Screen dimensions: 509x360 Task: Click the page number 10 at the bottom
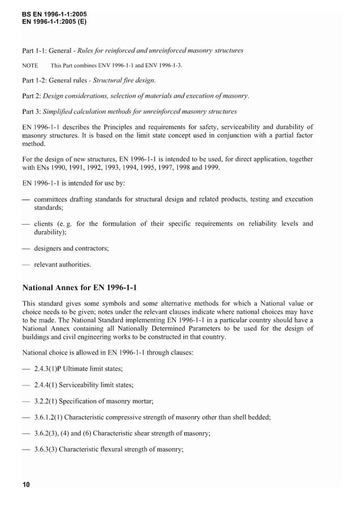26,485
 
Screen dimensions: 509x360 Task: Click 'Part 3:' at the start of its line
32,111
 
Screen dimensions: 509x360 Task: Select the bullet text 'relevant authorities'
62,264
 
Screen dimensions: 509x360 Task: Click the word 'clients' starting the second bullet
45,223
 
